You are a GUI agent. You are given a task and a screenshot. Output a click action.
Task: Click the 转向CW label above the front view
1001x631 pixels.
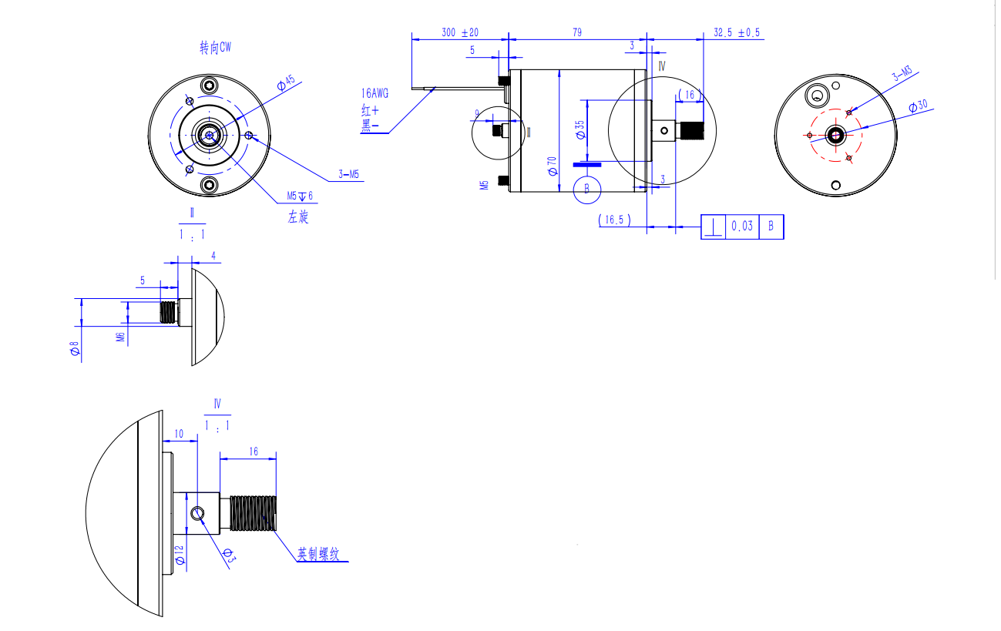[x=216, y=48]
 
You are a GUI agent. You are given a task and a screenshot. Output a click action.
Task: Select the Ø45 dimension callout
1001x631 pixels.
[x=286, y=82]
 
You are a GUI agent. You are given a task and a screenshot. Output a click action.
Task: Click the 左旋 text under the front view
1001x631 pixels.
[x=298, y=217]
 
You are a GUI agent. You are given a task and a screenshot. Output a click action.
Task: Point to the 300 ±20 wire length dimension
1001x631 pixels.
[x=460, y=32]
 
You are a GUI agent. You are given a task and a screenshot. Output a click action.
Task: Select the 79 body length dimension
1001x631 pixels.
[x=577, y=32]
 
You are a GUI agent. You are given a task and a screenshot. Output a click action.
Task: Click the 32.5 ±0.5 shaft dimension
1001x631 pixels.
[x=737, y=32]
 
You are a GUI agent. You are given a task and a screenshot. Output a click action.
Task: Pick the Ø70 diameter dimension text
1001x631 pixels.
[x=552, y=165]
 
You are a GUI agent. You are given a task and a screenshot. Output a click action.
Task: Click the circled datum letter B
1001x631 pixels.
[x=587, y=189]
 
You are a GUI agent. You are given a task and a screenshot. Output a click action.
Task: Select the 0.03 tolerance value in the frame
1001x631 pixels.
[x=742, y=227]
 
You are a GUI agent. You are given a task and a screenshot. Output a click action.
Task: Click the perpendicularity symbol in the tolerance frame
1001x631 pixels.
[x=714, y=227]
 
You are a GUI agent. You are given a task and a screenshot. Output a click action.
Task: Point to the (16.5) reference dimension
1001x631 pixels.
[x=614, y=220]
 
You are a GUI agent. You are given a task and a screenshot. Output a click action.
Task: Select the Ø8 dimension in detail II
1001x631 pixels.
[x=75, y=351]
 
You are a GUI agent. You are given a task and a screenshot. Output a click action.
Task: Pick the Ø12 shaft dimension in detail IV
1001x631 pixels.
[x=179, y=554]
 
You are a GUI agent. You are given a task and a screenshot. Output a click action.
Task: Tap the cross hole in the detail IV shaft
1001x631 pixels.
[x=198, y=512]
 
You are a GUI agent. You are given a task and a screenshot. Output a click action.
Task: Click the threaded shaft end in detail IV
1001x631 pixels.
[x=253, y=514]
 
